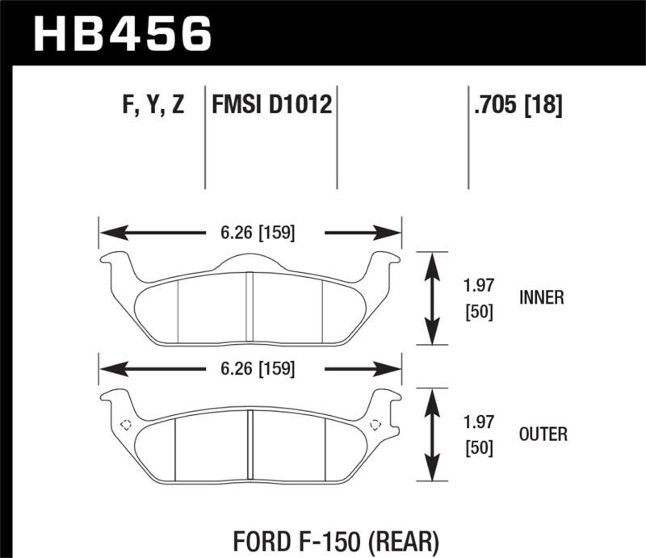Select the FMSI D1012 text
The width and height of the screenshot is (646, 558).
[271, 106]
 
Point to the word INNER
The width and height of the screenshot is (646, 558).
[541, 297]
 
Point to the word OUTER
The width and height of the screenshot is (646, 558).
[543, 434]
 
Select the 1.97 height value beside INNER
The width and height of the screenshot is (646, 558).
[479, 286]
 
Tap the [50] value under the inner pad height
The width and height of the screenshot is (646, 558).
[479, 311]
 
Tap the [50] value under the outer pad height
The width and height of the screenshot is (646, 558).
[479, 448]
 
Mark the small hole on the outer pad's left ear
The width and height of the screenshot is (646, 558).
[125, 425]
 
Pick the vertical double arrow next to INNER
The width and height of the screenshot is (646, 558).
[434, 297]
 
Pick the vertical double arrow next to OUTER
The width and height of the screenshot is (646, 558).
[434, 434]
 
